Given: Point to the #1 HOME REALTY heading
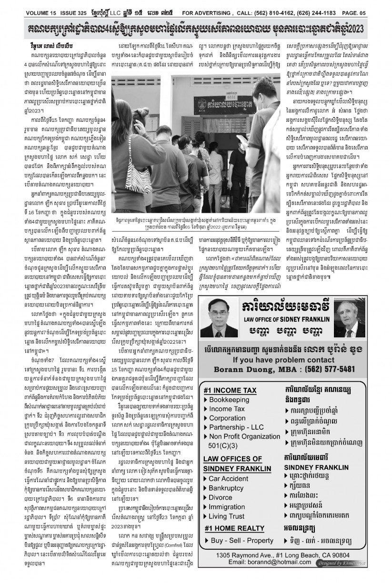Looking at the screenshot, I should pyautogui.click(x=234, y=528).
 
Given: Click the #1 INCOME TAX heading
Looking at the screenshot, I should pyautogui.click(x=230, y=390).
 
